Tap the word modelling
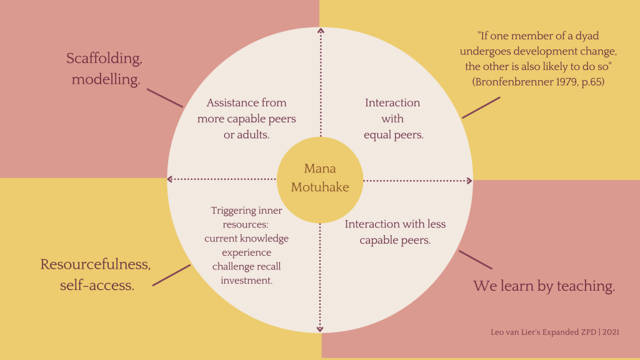click(106, 79)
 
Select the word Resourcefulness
click(96, 264)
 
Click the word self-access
click(97, 285)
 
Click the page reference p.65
click(591, 81)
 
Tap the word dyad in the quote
click(586, 36)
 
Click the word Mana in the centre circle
click(320, 169)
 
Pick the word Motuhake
click(320, 187)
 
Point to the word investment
click(246, 281)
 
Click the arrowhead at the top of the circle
click(321, 30)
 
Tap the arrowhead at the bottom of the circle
click(320, 329)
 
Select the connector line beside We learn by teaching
click(476, 259)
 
